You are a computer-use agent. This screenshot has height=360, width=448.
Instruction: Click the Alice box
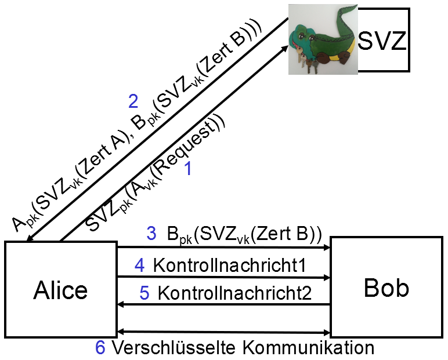60,288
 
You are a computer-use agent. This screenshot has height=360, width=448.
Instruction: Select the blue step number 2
133,102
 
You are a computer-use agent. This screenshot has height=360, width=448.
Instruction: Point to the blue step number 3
151,234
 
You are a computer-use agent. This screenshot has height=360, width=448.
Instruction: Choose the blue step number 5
144,293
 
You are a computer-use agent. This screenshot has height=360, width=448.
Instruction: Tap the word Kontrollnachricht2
234,293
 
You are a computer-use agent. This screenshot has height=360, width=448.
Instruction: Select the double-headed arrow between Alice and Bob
223,332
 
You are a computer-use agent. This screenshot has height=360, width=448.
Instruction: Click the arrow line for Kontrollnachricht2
223,305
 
